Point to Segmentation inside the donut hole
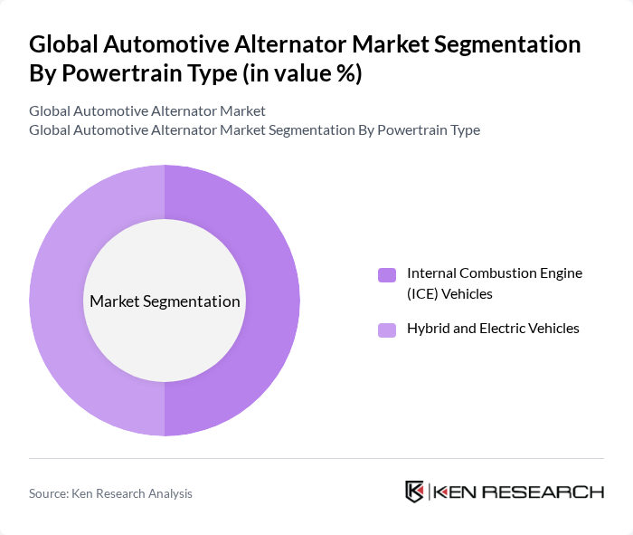click(x=198, y=301)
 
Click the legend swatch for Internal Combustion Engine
click(x=386, y=274)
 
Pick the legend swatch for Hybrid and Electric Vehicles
click(x=386, y=330)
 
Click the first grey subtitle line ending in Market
click(x=147, y=110)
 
